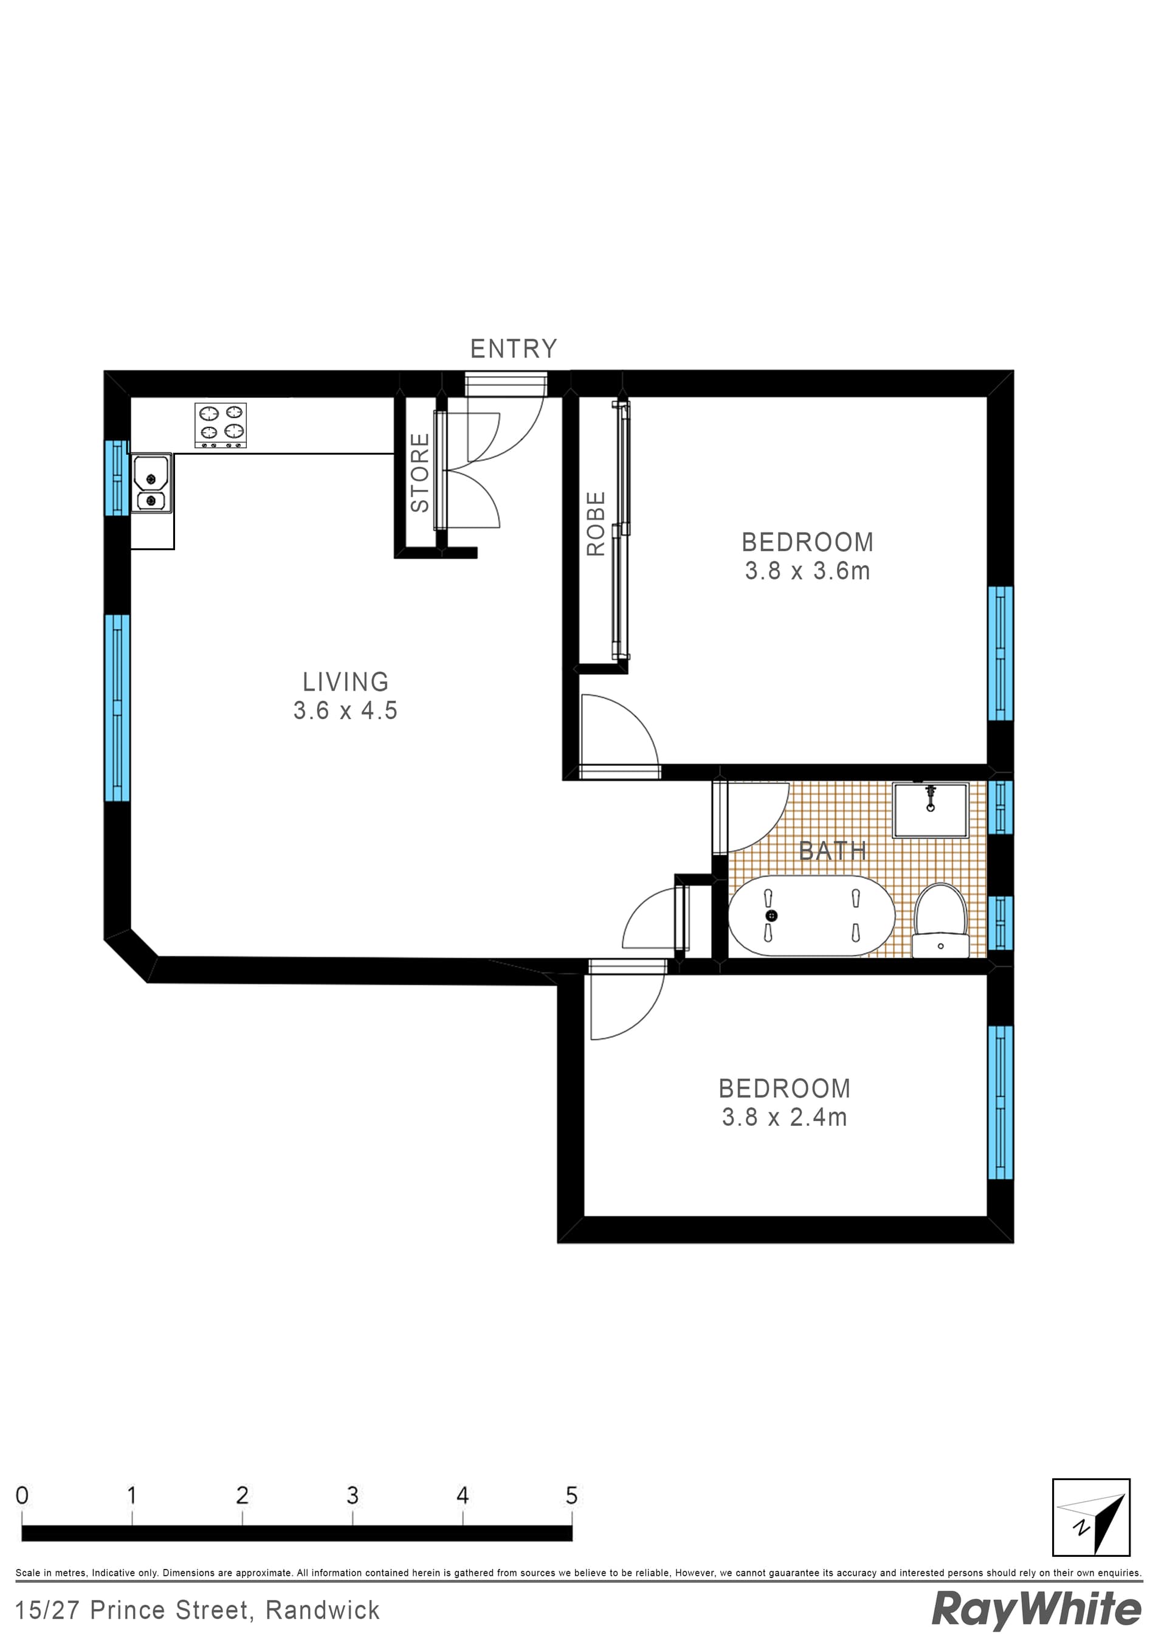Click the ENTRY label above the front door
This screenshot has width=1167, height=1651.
pyautogui.click(x=514, y=349)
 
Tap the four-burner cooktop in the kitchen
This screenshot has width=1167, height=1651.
pyautogui.click(x=221, y=425)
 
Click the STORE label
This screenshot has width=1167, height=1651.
pyautogui.click(x=420, y=472)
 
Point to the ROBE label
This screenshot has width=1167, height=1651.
pyautogui.click(x=596, y=523)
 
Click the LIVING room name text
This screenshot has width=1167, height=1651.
pyautogui.click(x=345, y=681)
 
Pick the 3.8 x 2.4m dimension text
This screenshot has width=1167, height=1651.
pyautogui.click(x=785, y=1117)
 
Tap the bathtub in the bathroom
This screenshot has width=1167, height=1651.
pyautogui.click(x=811, y=915)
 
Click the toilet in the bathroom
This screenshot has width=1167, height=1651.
pyautogui.click(x=940, y=921)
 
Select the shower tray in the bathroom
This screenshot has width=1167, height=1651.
pyautogui.click(x=931, y=810)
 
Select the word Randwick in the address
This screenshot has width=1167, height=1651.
pyautogui.click(x=322, y=1611)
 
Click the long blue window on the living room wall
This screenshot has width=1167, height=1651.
pyautogui.click(x=117, y=708)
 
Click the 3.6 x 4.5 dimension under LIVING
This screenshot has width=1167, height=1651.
pyautogui.click(x=345, y=711)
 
